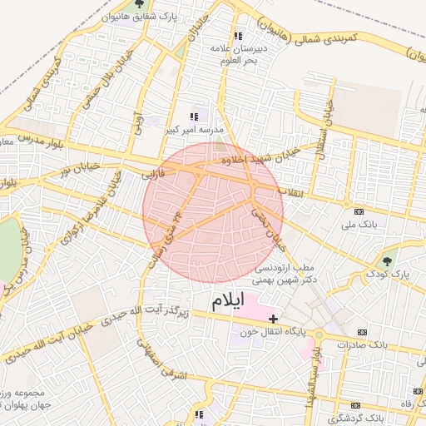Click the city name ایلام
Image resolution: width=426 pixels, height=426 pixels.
click(x=230, y=301)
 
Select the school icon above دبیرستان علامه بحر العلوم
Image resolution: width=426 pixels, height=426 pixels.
click(x=239, y=36)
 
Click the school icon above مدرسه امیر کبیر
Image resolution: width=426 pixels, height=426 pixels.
click(x=194, y=117)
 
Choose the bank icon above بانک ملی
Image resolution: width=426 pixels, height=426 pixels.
click(x=359, y=212)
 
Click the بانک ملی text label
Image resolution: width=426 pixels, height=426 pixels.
click(x=359, y=225)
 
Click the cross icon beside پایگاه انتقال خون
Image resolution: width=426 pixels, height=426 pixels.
click(x=274, y=319)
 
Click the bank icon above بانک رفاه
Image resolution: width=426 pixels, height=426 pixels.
click(x=419, y=391)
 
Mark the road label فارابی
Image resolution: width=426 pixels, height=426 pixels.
click(x=154, y=176)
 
